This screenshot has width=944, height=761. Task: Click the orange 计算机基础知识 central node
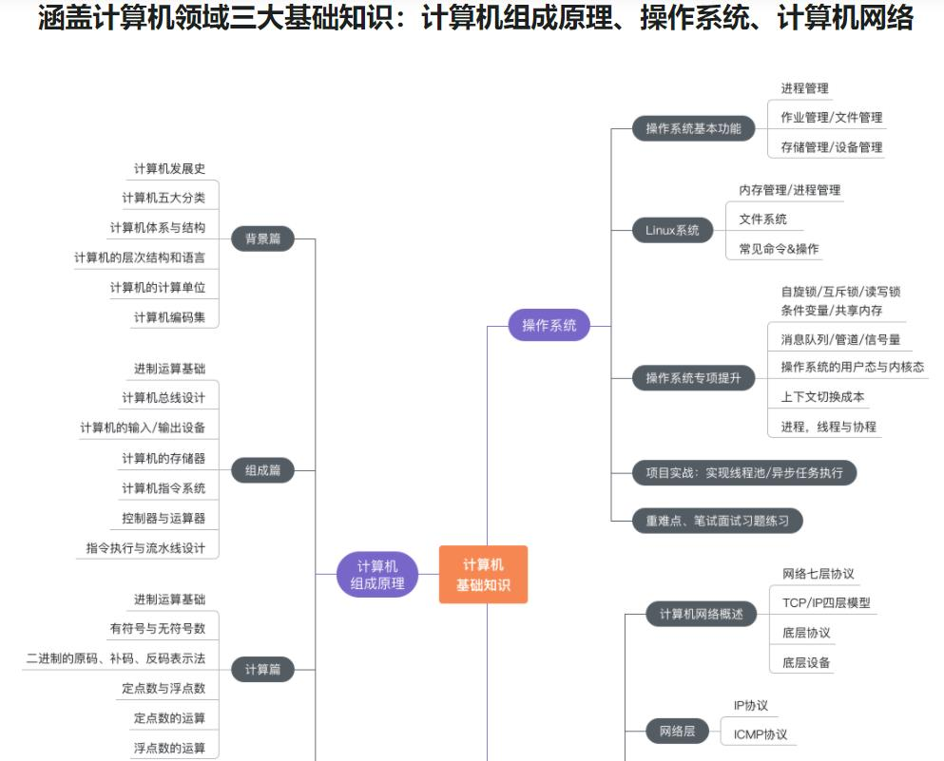pyautogui.click(x=483, y=575)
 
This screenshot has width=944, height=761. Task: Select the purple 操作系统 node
pyautogui.click(x=549, y=326)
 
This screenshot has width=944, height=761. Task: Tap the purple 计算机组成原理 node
pyautogui.click(x=377, y=575)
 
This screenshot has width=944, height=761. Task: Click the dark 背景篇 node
pyautogui.click(x=262, y=239)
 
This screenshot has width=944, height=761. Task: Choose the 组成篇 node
pyautogui.click(x=262, y=469)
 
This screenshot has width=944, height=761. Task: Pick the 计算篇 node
pyautogui.click(x=262, y=669)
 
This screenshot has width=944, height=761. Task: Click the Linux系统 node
pyautogui.click(x=672, y=230)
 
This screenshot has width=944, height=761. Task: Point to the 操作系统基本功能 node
pyautogui.click(x=693, y=128)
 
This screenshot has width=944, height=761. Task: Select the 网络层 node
pyautogui.click(x=677, y=732)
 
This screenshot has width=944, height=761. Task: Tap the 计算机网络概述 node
pyautogui.click(x=702, y=615)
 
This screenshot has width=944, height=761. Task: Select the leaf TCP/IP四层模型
pyautogui.click(x=826, y=602)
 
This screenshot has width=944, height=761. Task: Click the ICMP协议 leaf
pyautogui.click(x=760, y=734)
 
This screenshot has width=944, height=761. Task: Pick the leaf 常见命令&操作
pyautogui.click(x=779, y=249)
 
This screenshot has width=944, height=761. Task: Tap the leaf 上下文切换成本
pyautogui.click(x=822, y=397)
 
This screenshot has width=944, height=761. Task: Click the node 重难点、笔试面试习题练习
pyautogui.click(x=718, y=521)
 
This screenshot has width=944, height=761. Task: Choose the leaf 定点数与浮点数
pyautogui.click(x=164, y=688)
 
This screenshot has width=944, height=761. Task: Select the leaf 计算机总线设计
pyautogui.click(x=164, y=397)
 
